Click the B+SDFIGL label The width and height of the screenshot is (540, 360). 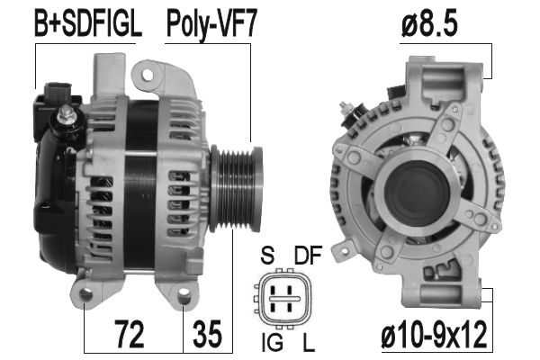88,24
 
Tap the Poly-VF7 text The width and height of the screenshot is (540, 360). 211,25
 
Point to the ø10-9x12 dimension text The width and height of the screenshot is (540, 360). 435,334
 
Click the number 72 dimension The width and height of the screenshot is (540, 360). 129,334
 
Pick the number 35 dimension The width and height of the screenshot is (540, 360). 207,334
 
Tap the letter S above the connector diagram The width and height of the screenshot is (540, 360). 267,255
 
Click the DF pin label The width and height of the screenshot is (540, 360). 308,255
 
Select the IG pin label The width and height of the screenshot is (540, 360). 273,343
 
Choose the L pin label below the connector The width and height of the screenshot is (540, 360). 309,343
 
